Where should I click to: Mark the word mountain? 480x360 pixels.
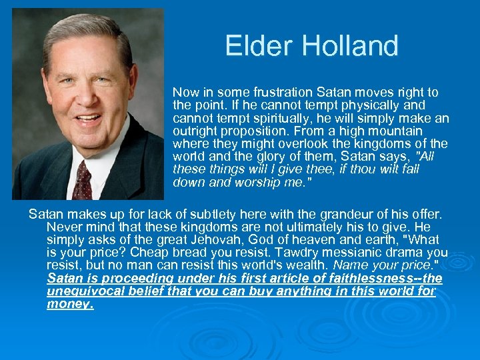click(399, 131)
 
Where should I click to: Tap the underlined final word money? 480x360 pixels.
click(70, 304)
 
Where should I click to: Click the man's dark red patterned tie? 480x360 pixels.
click(82, 179)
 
